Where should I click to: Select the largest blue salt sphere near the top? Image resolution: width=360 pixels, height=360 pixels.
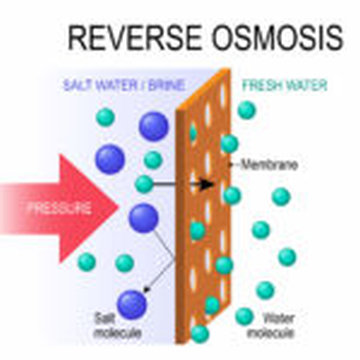point(153,125)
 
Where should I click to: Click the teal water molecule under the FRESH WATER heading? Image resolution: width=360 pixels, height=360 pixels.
point(246,109)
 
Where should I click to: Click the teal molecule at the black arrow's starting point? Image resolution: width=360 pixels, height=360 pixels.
point(144,184)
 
